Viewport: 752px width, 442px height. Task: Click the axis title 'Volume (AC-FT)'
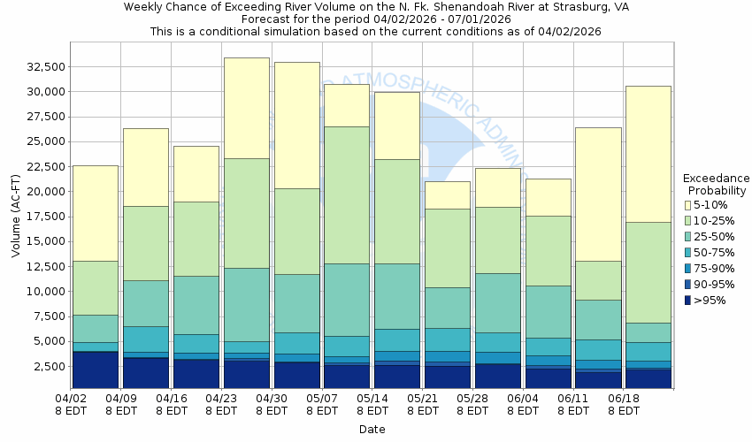16,216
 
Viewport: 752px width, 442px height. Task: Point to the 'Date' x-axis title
372,430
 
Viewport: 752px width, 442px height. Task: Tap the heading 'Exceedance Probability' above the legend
717,184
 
